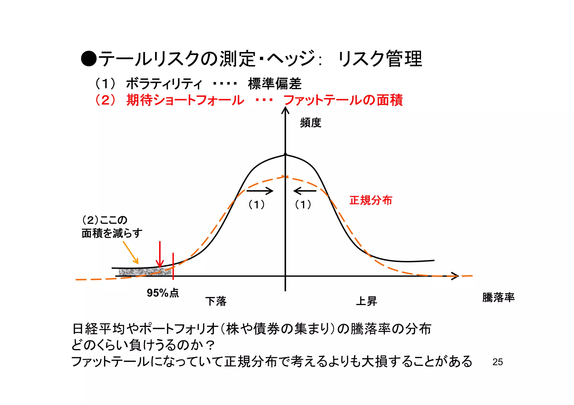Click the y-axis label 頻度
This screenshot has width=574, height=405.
tap(311, 123)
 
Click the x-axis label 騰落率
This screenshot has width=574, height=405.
tap(498, 298)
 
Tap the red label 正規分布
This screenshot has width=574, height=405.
tap(371, 200)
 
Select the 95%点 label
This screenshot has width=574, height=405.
tap(163, 293)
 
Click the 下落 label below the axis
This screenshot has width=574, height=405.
tap(216, 301)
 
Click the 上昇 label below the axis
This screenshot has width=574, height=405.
tap(366, 301)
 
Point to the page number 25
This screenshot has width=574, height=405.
tap(497, 362)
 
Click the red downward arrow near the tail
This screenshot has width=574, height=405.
tap(160, 255)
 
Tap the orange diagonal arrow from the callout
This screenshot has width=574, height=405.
tap(131, 252)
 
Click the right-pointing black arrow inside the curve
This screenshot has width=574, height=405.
tap(260, 191)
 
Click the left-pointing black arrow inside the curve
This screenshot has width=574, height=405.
tap(305, 191)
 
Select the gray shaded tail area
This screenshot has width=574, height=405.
tap(144, 272)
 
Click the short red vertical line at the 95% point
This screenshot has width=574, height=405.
tap(173, 266)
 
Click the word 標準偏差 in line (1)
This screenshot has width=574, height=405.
tap(275, 84)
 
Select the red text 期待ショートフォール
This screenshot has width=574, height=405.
tap(185, 100)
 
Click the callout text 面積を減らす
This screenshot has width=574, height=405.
tap(112, 233)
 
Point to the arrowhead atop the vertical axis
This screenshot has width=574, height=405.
tap(285, 111)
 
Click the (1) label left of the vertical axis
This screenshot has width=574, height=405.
tap(256, 205)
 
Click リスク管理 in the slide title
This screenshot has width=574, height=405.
tap(380, 59)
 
